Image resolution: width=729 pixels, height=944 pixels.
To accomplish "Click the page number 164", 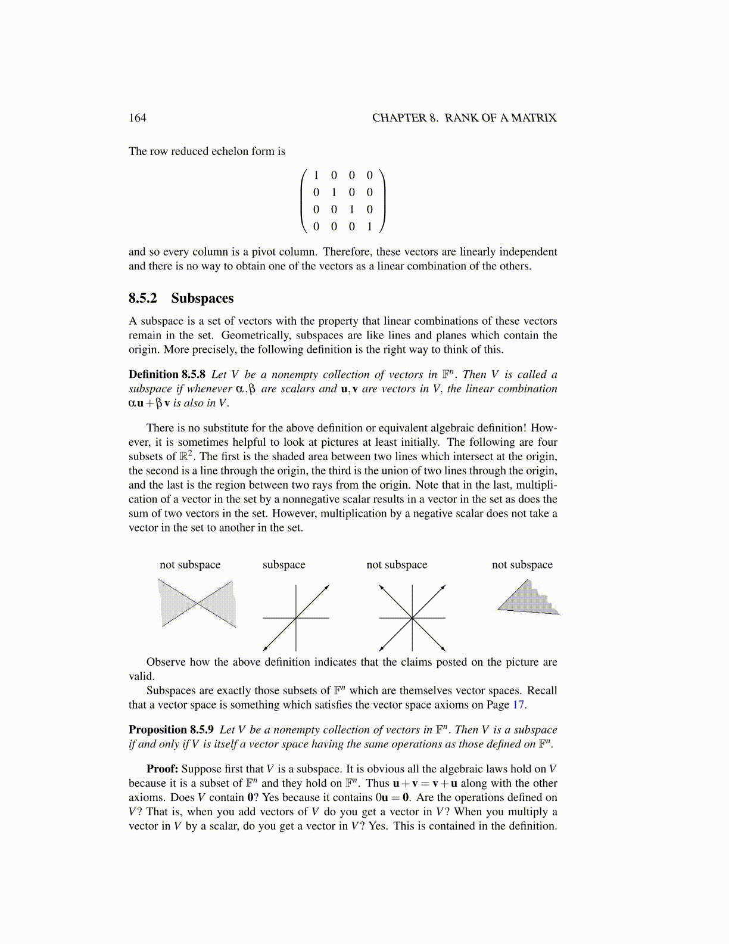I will point(137,118).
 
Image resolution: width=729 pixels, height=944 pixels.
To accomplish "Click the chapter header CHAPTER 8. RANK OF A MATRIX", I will point(464,118).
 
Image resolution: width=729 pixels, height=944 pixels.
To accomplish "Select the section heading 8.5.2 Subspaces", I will point(181,298).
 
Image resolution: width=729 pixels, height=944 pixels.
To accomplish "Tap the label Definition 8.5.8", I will point(167,374).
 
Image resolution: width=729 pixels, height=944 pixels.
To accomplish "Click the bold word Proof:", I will point(163,769).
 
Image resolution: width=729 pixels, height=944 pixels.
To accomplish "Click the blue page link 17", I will point(518,704).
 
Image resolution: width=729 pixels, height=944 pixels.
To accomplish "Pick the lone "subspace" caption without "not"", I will point(283,564).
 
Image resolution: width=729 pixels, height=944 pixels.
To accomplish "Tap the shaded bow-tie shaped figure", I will point(198,604).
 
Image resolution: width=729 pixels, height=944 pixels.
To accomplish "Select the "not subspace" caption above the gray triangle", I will point(522,564).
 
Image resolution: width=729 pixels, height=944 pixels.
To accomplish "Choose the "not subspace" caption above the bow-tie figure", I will point(189,564).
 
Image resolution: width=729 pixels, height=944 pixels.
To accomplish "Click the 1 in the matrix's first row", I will point(316,175).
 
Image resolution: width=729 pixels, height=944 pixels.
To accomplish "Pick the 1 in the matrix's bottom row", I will point(369,226).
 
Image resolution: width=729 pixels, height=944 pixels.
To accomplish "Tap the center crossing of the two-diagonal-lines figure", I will point(412,618).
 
